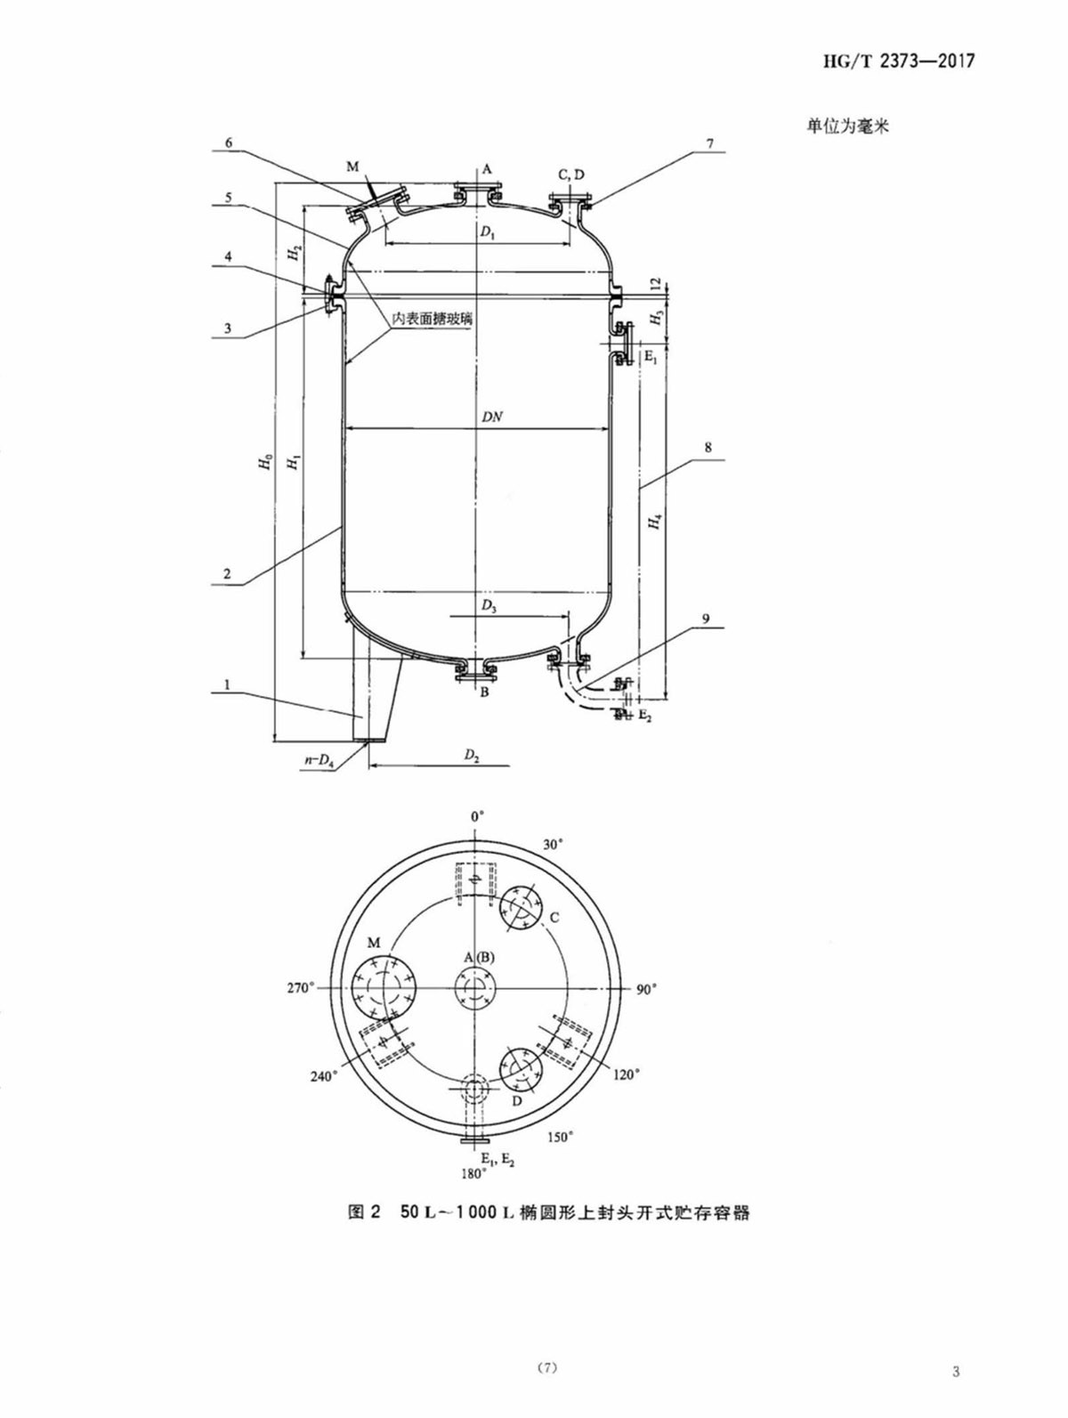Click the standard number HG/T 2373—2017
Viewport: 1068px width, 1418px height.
click(898, 61)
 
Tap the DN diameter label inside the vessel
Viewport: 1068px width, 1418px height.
click(492, 417)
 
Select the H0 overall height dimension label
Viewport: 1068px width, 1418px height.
click(264, 461)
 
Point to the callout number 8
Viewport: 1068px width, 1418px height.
click(708, 447)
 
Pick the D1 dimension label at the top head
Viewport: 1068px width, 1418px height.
click(488, 233)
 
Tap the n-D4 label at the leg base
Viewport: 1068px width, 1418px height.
click(319, 759)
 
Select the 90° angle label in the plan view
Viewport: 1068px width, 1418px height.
click(646, 991)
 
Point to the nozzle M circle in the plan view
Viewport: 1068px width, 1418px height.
click(384, 988)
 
